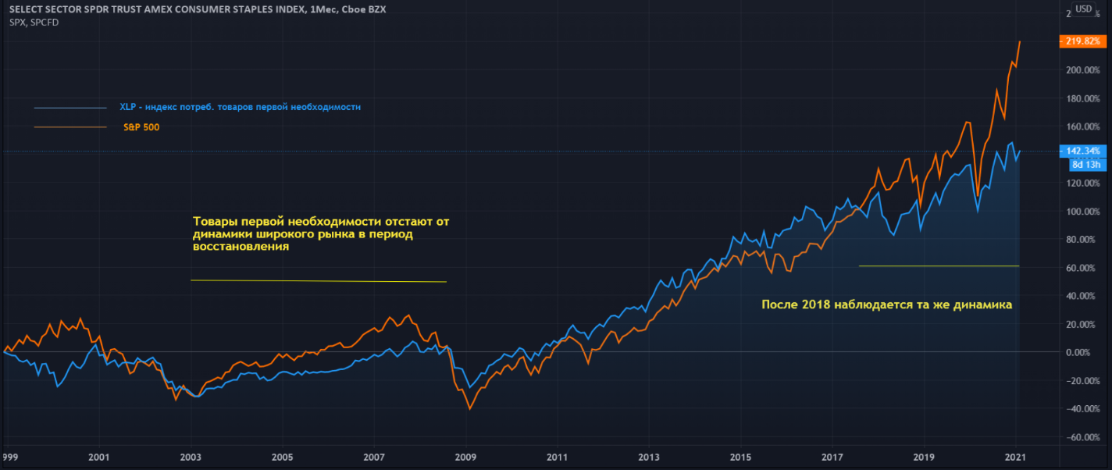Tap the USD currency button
click(x=1084, y=9)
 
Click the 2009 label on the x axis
click(x=465, y=457)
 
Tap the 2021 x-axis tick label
click(x=1016, y=457)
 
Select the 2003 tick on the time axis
click(x=190, y=457)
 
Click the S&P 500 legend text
click(x=141, y=126)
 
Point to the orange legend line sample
click(x=70, y=126)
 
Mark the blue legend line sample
click(x=70, y=108)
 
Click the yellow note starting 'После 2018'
click(x=886, y=305)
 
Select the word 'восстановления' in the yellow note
click(x=241, y=247)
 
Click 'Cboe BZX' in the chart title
click(x=365, y=9)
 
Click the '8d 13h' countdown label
click(x=1085, y=164)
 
